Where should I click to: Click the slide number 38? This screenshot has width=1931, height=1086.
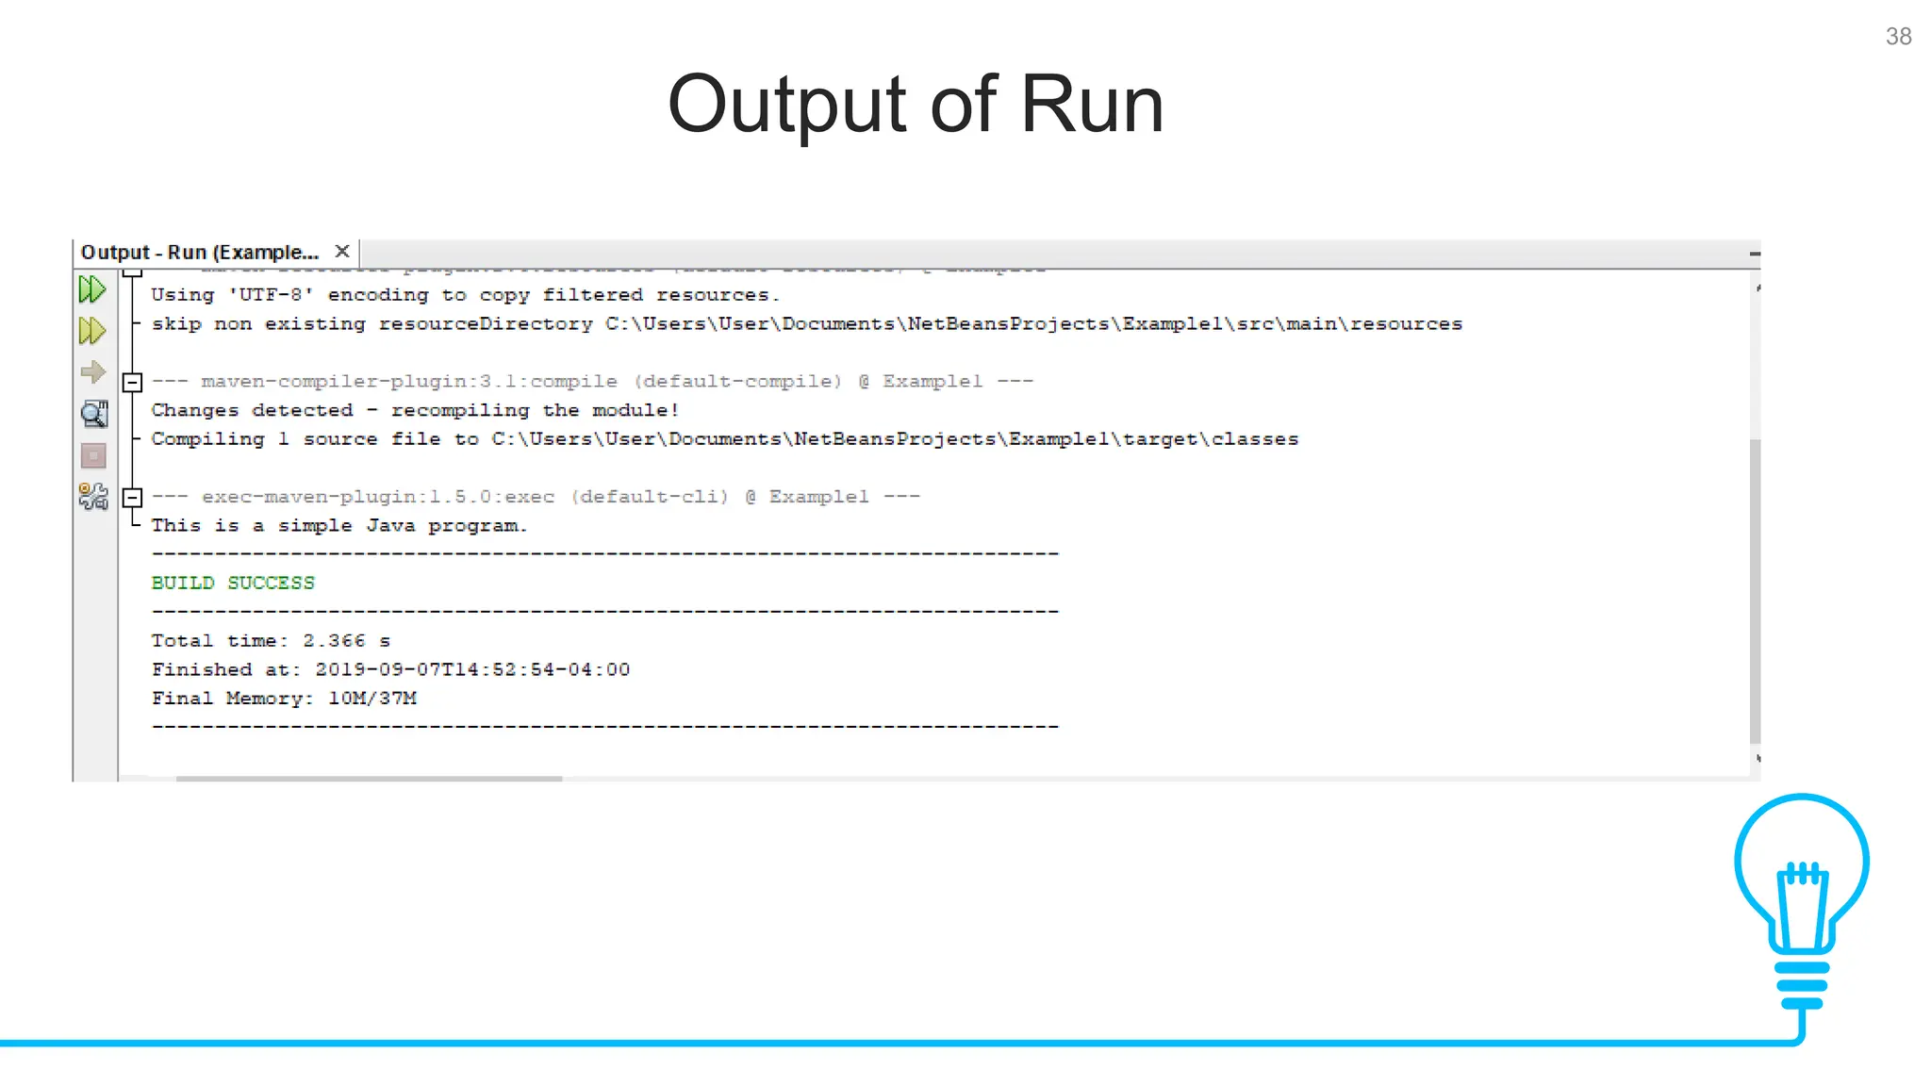point(1898,37)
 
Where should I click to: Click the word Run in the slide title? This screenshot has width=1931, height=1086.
point(1092,105)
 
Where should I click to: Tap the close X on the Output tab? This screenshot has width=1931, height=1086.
point(342,252)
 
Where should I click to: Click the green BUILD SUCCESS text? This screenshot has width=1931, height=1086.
point(233,583)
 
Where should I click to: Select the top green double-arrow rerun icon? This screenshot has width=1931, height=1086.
point(92,289)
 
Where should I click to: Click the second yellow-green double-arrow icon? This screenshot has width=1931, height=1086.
point(92,331)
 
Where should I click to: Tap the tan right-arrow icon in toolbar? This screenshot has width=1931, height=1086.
point(92,372)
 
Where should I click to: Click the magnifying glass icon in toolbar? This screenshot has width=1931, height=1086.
point(93,414)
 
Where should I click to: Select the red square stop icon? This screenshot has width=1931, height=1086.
point(93,456)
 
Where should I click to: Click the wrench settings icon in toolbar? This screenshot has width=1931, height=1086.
point(93,497)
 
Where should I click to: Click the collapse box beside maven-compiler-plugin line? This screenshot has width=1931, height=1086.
point(132,382)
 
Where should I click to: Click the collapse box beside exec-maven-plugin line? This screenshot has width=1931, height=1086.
point(132,497)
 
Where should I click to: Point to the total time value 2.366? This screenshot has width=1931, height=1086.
point(334,641)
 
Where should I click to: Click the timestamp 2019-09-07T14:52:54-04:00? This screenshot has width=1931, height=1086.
point(472,669)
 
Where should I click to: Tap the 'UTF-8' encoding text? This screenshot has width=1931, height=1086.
point(271,295)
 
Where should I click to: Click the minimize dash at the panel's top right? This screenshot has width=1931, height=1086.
point(1754,254)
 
